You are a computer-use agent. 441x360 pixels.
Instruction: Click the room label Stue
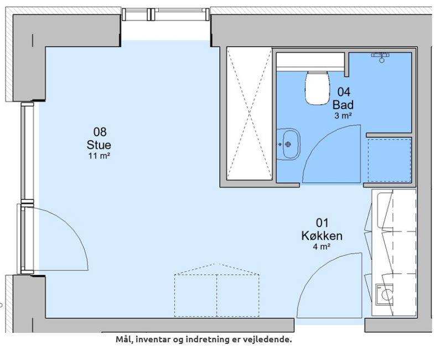pyautogui.click(x=98, y=145)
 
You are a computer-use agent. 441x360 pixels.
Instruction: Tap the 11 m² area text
pyautogui.click(x=99, y=156)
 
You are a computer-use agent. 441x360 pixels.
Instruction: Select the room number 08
pyautogui.click(x=100, y=132)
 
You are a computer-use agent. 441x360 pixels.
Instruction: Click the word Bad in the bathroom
pyautogui.click(x=343, y=105)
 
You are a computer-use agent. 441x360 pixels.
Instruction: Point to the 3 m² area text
pyautogui.click(x=343, y=115)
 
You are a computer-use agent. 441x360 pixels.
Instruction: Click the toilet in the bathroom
pyautogui.click(x=317, y=88)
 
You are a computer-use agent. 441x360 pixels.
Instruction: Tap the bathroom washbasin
pyautogui.click(x=288, y=145)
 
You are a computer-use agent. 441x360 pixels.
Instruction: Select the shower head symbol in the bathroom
pyautogui.click(x=381, y=56)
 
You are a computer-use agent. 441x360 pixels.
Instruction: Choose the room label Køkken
pyautogui.click(x=321, y=236)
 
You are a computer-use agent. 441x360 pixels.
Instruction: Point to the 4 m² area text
pyautogui.click(x=321, y=246)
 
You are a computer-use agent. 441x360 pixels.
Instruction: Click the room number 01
pyautogui.click(x=322, y=223)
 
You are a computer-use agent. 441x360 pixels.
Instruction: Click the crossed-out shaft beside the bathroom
pyautogui.click(x=249, y=114)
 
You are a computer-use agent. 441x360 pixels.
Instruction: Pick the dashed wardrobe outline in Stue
pyautogui.click(x=216, y=290)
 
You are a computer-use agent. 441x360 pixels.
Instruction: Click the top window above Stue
pyautogui.click(x=166, y=14)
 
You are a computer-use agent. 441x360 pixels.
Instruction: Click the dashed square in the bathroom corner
pyautogui.click(x=390, y=160)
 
